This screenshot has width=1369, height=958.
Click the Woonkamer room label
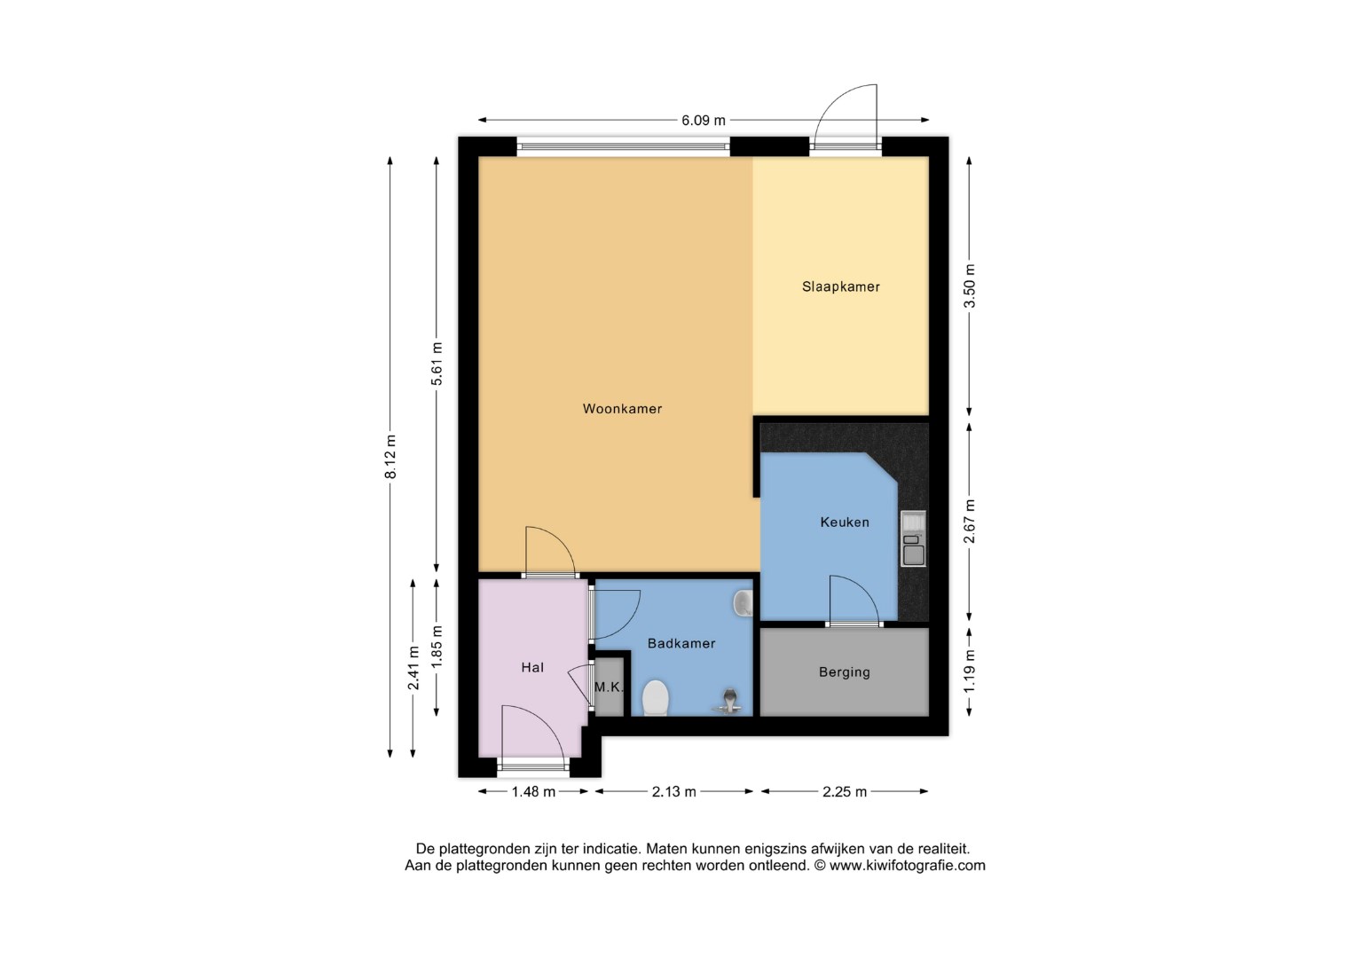click(622, 409)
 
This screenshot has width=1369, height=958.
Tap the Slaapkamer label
click(841, 287)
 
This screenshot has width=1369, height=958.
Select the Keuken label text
click(845, 522)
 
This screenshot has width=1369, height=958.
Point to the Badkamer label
click(681, 643)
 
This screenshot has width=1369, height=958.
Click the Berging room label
click(845, 672)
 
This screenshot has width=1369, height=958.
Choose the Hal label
click(532, 667)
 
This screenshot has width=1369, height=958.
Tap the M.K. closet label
click(609, 687)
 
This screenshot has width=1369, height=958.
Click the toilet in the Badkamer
click(656, 697)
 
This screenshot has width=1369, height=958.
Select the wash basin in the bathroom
click(744, 604)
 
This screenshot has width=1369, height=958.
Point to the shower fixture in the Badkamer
click(728, 702)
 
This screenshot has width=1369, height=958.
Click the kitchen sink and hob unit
click(914, 538)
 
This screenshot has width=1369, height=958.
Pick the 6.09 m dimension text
click(704, 121)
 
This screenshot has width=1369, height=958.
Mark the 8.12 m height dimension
click(390, 457)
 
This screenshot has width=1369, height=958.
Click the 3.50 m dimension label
click(969, 286)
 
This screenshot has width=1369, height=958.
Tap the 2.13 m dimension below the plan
click(674, 792)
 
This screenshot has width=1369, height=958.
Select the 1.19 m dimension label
click(969, 671)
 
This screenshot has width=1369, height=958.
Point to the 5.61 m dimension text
click(437, 364)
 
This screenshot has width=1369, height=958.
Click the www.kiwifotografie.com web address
click(907, 865)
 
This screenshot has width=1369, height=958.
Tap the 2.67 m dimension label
click(969, 522)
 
